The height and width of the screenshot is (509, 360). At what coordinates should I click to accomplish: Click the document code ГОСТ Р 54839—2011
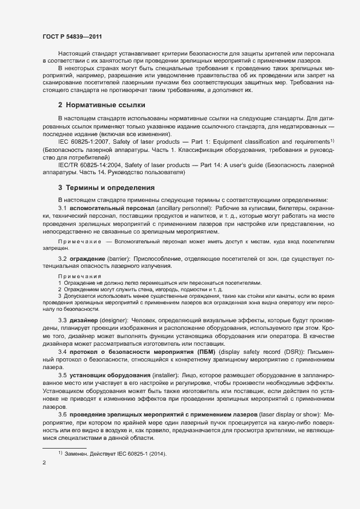coord(72,36)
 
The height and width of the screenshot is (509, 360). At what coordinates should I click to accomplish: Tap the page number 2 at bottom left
coord(44,463)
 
